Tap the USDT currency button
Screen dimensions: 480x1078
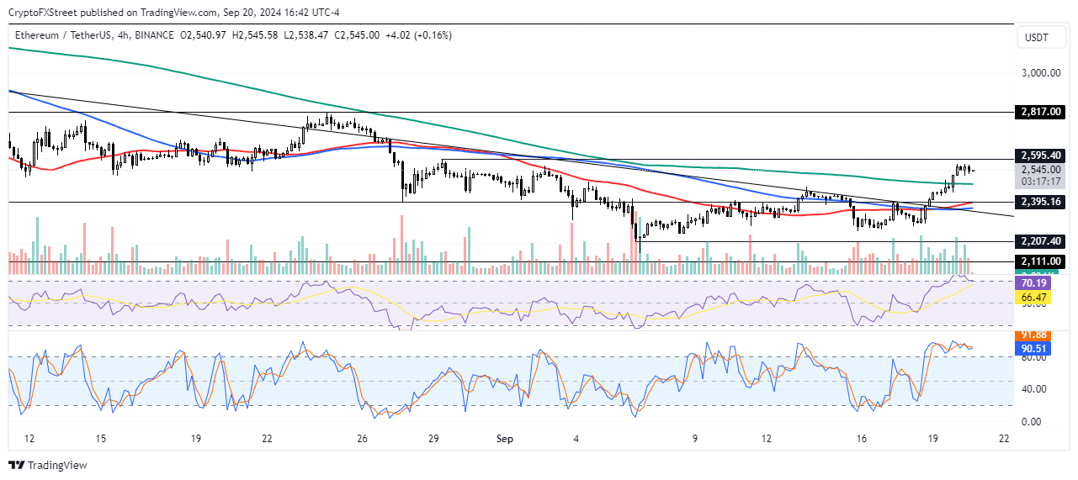(1038, 37)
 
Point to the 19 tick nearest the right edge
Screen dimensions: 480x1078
(933, 439)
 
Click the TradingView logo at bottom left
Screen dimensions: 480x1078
(48, 465)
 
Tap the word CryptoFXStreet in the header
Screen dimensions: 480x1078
(45, 12)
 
